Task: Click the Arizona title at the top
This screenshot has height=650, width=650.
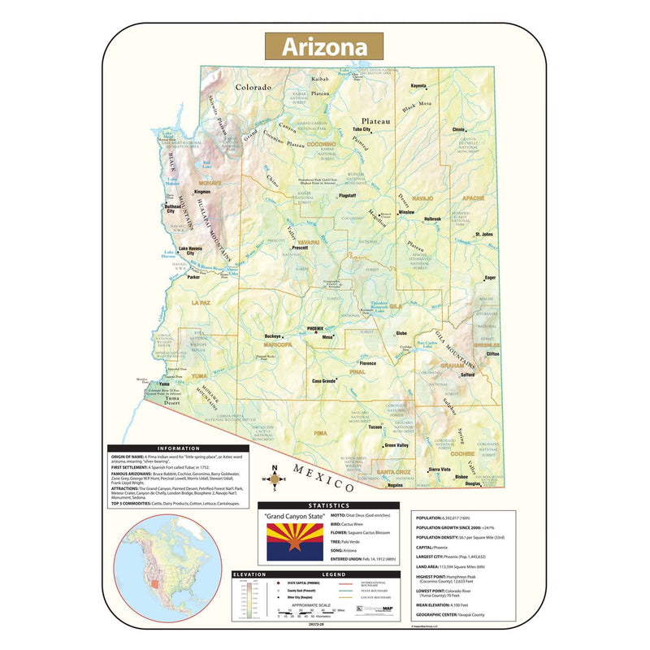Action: [324, 45]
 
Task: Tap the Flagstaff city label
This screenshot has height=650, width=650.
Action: [347, 196]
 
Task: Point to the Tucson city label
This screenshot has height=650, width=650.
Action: [374, 427]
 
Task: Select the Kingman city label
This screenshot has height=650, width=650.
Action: [202, 193]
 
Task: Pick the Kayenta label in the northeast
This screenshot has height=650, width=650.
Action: [418, 85]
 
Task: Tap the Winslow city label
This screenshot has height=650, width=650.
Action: [405, 212]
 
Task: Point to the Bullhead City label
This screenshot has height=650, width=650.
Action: [175, 209]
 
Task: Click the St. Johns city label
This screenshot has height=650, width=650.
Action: [485, 235]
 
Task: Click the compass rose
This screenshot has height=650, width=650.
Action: [275, 479]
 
